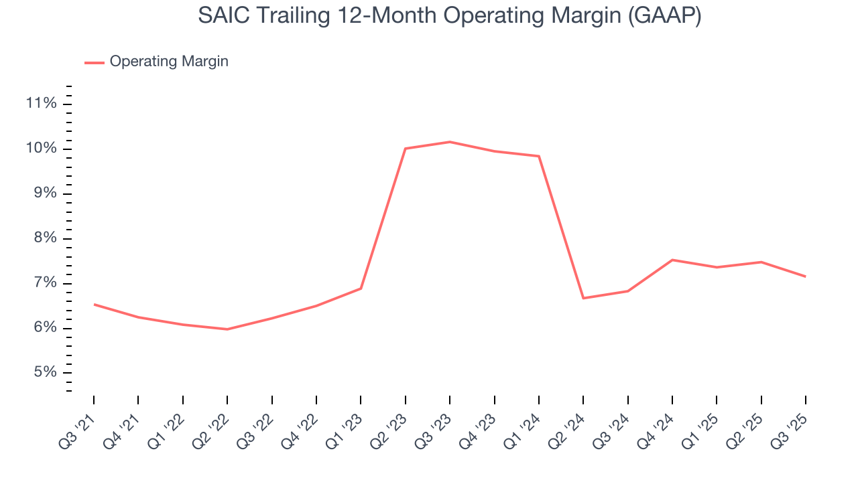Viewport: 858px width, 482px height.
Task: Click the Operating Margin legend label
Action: point(169,62)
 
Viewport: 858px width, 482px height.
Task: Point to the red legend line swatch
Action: point(94,62)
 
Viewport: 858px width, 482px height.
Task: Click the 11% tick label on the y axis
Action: point(40,104)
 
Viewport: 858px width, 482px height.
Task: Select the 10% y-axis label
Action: point(40,149)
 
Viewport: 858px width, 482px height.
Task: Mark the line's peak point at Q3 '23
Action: point(450,142)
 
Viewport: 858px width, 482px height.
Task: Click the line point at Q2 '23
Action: point(406,149)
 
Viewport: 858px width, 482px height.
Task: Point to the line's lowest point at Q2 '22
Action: point(227,329)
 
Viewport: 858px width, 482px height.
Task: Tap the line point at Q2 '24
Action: point(583,298)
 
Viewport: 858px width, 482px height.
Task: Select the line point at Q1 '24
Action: point(539,156)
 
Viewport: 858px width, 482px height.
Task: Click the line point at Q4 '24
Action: point(672,260)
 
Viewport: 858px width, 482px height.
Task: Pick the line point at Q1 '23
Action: point(361,289)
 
